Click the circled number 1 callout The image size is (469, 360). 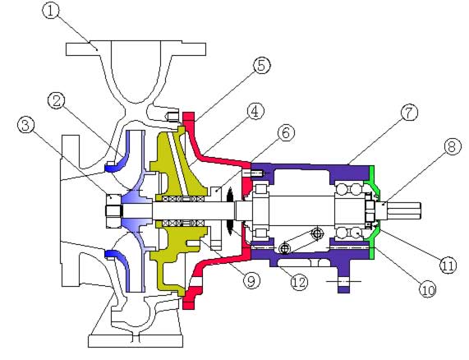click(51, 11)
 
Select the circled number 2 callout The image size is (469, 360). click(56, 101)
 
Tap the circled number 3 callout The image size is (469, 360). click(25, 125)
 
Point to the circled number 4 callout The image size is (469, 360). click(255, 111)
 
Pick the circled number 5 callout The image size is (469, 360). click(262, 65)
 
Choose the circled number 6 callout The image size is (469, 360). click(286, 133)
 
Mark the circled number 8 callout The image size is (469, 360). click(452, 146)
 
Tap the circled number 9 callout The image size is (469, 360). click(251, 280)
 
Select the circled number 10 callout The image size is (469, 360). click(428, 289)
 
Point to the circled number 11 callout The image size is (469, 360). click(448, 265)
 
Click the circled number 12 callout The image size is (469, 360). click(299, 282)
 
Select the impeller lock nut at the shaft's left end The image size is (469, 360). click(114, 210)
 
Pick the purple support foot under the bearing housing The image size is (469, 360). click(343, 277)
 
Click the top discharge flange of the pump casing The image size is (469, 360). click(136, 48)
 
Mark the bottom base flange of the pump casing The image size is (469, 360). click(136, 341)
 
